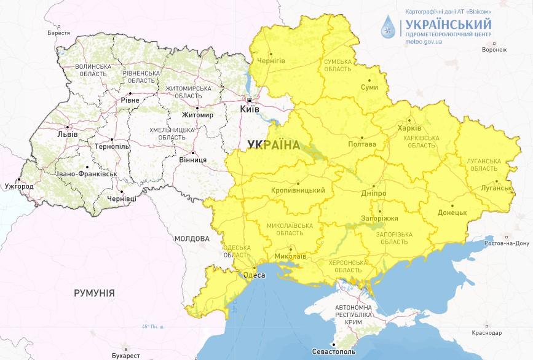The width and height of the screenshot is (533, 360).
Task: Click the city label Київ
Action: [250, 109]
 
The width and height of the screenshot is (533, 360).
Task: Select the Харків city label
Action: [410, 129]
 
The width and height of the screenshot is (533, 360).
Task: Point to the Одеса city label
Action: [254, 275]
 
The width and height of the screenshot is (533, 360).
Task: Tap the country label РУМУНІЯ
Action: [94, 293]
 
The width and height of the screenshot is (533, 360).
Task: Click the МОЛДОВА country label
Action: [191, 238]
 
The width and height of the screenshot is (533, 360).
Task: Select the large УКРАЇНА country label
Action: [273, 145]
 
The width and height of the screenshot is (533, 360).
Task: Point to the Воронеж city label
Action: [495, 50]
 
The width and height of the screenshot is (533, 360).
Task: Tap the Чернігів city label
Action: [270, 61]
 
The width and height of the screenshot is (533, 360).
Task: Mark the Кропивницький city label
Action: [298, 190]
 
